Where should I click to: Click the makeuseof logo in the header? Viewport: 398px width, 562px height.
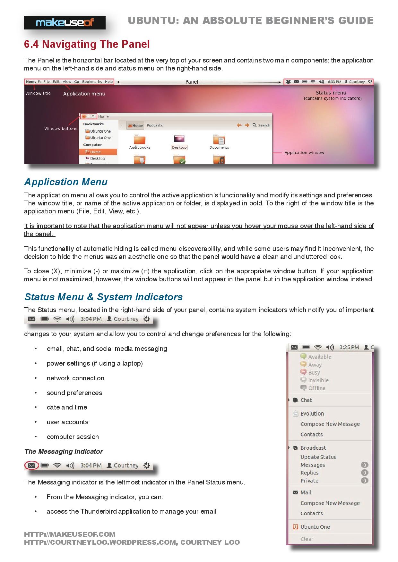point(65,23)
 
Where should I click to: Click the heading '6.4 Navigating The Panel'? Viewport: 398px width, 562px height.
point(87,44)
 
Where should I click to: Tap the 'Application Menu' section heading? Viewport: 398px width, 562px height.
point(66,182)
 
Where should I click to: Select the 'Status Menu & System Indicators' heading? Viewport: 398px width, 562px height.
point(103,297)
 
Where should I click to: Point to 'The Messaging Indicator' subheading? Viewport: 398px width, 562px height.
point(63,451)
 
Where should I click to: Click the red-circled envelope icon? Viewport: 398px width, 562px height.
point(31,466)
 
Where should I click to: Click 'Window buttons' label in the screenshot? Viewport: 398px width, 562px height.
point(61,129)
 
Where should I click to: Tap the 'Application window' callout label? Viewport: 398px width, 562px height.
point(304,153)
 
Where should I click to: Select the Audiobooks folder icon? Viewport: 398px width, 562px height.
point(140,140)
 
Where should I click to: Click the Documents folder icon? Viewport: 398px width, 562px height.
point(219,140)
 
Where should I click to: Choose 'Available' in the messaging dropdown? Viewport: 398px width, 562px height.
point(319,357)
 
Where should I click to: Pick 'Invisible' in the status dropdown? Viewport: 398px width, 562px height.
point(318,380)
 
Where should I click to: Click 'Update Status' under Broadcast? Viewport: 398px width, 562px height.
point(318,457)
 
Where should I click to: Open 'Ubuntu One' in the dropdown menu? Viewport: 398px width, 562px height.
point(315,527)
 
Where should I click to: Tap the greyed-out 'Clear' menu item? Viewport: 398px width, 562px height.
point(307,539)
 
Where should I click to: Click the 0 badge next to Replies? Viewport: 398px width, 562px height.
point(364,473)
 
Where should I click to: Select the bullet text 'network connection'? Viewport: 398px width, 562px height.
point(75,378)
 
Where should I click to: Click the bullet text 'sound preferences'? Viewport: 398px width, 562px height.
point(74,393)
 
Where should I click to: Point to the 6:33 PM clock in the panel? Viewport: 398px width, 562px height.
point(334,82)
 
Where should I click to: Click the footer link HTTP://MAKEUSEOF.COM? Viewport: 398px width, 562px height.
point(70,534)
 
